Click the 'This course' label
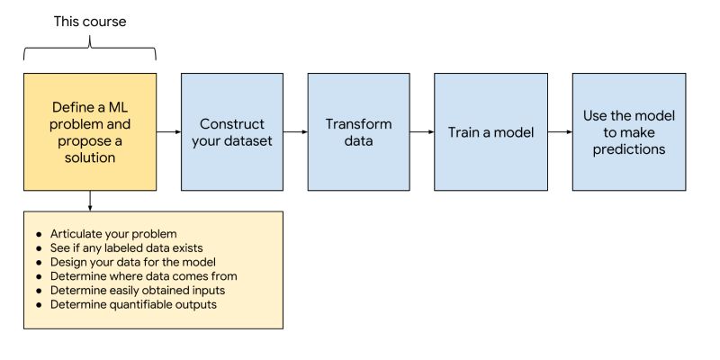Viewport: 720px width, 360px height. pos(90,19)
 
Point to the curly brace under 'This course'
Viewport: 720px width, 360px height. pos(90,54)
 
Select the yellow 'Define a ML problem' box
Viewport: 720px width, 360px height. pos(90,131)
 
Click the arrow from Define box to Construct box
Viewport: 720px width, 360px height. pos(168,132)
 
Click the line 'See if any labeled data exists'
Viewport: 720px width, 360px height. pos(127,247)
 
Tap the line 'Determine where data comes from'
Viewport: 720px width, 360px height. pos(143,275)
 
